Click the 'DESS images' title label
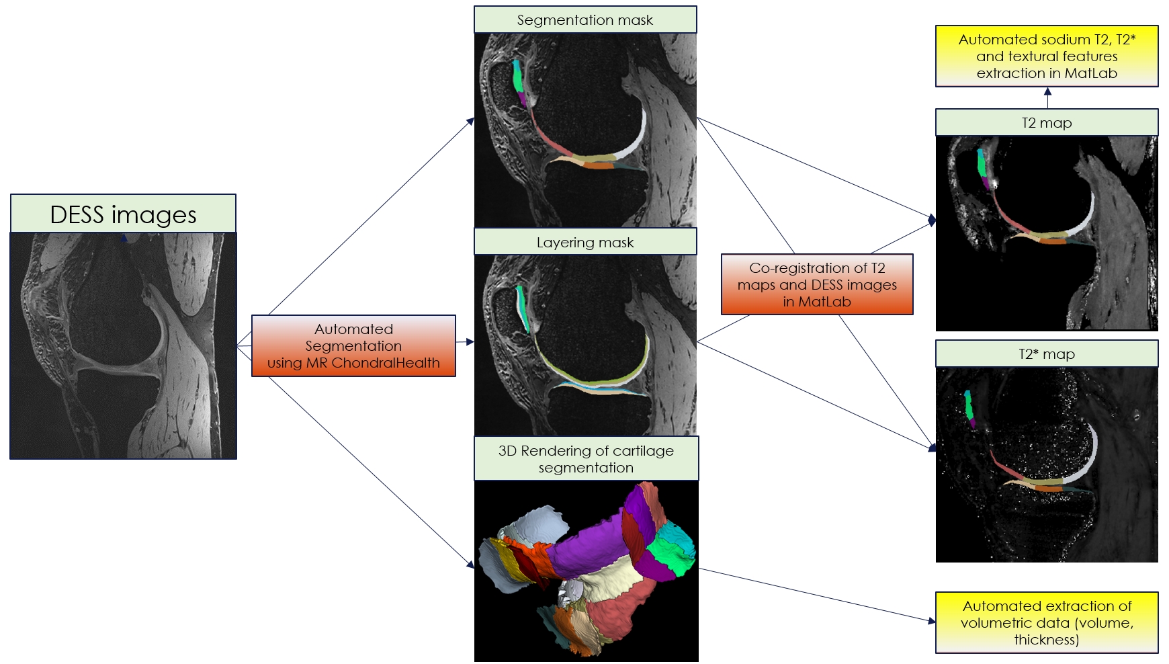pyautogui.click(x=123, y=214)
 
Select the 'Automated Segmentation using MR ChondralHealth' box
pyautogui.click(x=353, y=346)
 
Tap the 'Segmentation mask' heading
pyautogui.click(x=584, y=20)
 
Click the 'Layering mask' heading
pyautogui.click(x=584, y=243)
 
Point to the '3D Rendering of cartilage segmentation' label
pyautogui.click(x=586, y=459)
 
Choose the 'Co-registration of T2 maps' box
pyautogui.click(x=817, y=284)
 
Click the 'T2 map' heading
pyautogui.click(x=1046, y=123)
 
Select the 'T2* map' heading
pyautogui.click(x=1046, y=354)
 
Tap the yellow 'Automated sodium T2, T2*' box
pyautogui.click(x=1046, y=56)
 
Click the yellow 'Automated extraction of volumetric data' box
pyautogui.click(x=1046, y=622)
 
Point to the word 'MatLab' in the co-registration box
pyautogui.click(x=825, y=302)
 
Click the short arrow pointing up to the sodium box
pyautogui.click(x=1047, y=98)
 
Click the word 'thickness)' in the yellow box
pyautogui.click(x=1046, y=640)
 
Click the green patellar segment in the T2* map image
pyautogui.click(x=969, y=405)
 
